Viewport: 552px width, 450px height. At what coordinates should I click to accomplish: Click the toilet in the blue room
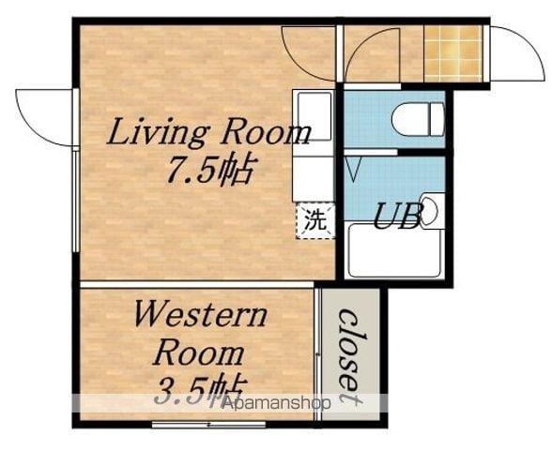click(x=419, y=119)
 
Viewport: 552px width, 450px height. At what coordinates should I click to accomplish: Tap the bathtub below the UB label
click(x=394, y=250)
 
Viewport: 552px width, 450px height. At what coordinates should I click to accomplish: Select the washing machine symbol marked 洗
click(x=315, y=221)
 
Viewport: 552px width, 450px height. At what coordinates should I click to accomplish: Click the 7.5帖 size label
click(x=210, y=170)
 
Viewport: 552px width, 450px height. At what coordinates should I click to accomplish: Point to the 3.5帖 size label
click(x=199, y=390)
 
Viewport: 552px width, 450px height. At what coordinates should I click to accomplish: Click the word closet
click(x=351, y=357)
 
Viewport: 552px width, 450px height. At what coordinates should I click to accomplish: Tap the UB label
click(x=398, y=216)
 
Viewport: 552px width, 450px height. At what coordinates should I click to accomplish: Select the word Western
click(x=200, y=314)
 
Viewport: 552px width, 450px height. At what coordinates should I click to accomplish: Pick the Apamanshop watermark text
click(x=276, y=403)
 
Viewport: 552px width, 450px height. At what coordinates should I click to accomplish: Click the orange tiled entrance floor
click(x=452, y=53)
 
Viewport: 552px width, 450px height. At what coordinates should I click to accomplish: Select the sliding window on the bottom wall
click(x=208, y=425)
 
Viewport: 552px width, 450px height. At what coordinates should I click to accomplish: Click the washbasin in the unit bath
click(x=429, y=211)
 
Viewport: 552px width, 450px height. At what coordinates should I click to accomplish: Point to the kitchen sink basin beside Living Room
click(x=313, y=116)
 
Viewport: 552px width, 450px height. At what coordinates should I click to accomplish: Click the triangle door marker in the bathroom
click(x=353, y=169)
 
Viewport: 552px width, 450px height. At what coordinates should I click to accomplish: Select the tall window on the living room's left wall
click(x=76, y=200)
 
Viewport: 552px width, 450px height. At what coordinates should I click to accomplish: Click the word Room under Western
click(x=199, y=352)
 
